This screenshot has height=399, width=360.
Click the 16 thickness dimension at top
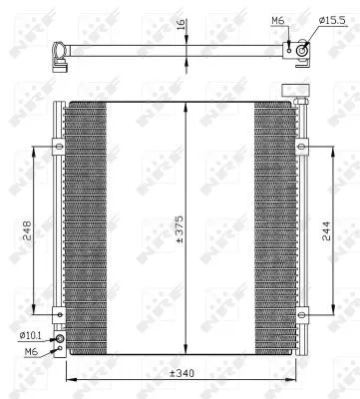tap(180, 28)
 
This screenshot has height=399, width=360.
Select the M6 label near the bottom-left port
tap(31, 351)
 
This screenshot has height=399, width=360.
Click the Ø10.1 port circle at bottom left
tap(60, 340)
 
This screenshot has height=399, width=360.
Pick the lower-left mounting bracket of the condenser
tap(58, 316)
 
